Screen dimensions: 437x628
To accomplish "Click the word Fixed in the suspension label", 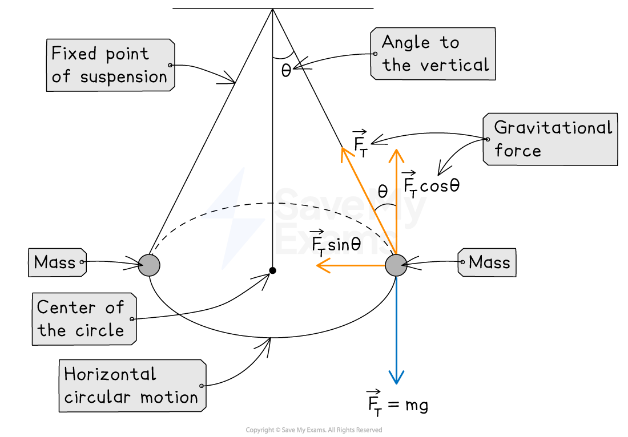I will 72,54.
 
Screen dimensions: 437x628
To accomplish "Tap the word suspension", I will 123,77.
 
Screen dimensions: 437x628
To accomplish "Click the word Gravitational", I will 553,127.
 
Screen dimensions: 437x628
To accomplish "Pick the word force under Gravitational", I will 517,151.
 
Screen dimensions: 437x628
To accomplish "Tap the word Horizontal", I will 110,374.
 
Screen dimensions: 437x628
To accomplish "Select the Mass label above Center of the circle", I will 55,262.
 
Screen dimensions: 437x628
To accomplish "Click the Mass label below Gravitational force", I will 489,262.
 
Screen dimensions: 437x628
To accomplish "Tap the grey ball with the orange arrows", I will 396,265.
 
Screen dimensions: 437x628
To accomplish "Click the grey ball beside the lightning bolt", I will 149,265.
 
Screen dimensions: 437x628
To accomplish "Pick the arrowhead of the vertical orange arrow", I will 396,152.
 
